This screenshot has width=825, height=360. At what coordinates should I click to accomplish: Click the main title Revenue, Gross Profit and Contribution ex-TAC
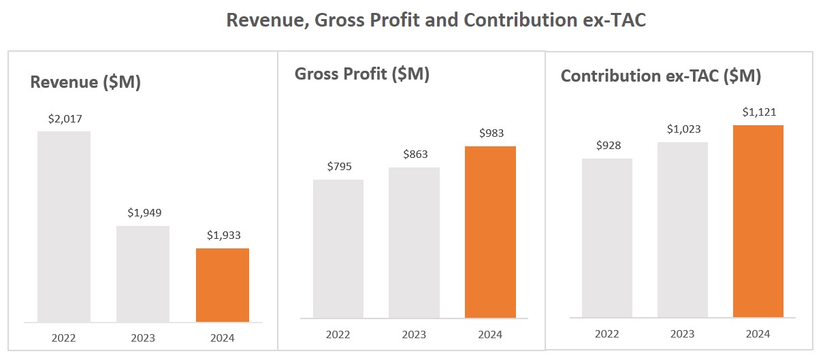coord(436,20)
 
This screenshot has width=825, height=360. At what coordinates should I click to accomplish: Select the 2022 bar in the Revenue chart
coord(64,226)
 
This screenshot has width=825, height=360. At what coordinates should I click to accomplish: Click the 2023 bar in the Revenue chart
coord(143,274)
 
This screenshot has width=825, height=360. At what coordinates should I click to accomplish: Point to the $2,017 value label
coord(65,118)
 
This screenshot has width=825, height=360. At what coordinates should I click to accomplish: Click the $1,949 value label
coord(144,213)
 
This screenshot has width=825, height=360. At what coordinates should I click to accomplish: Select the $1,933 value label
coord(223,235)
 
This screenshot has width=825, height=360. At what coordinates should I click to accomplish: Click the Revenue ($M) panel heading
coord(86,82)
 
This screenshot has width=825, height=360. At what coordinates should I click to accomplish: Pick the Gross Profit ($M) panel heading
coord(361,74)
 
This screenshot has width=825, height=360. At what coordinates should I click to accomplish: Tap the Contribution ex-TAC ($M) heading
coord(660,76)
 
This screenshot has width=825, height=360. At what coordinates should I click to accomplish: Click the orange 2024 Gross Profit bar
coord(490,232)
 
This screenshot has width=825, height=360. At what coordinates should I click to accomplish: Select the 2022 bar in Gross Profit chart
coord(338,248)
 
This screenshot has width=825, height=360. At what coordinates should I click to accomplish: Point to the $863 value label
coord(415,154)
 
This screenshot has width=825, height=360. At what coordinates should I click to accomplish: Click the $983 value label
coord(491,133)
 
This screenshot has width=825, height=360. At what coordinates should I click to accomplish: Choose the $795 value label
coord(338,167)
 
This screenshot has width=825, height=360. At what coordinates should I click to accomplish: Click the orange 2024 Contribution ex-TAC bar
coord(758,221)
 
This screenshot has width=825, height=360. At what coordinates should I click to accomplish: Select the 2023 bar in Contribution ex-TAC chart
coord(682,229)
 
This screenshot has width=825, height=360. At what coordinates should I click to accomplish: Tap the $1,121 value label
coord(759,112)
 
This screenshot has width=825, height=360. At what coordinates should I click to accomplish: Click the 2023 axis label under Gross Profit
coord(414,334)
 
